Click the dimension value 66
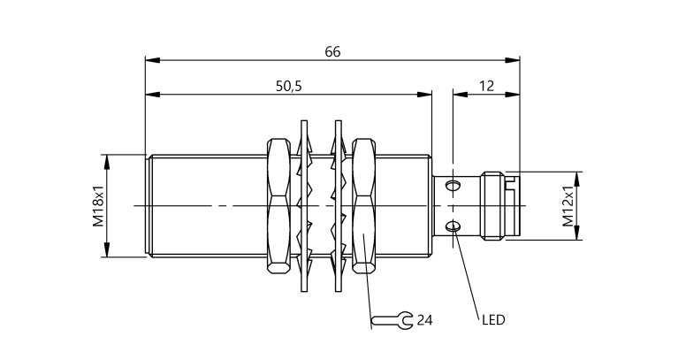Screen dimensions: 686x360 332,51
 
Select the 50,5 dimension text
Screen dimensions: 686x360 289,87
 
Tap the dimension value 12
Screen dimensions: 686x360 486,86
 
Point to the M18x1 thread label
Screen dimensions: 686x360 98,205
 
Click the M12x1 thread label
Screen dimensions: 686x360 568,206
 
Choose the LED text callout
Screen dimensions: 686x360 493,320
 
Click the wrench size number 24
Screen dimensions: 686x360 424,320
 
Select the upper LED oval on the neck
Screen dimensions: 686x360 454,185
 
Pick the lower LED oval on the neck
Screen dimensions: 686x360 454,226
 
